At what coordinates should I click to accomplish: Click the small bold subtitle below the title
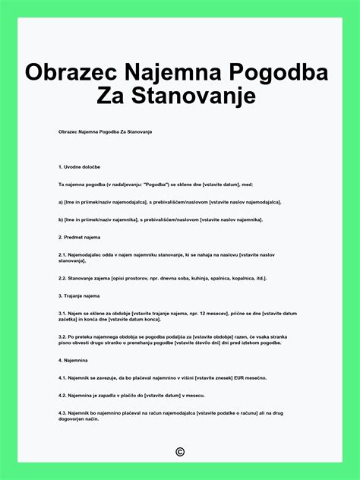coord(106,132)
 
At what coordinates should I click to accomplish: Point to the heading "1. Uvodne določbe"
coord(84,166)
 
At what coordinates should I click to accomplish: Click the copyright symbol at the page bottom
coord(180,452)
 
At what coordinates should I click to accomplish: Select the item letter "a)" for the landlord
coord(61,202)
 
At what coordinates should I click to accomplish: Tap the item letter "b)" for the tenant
coord(61,219)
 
